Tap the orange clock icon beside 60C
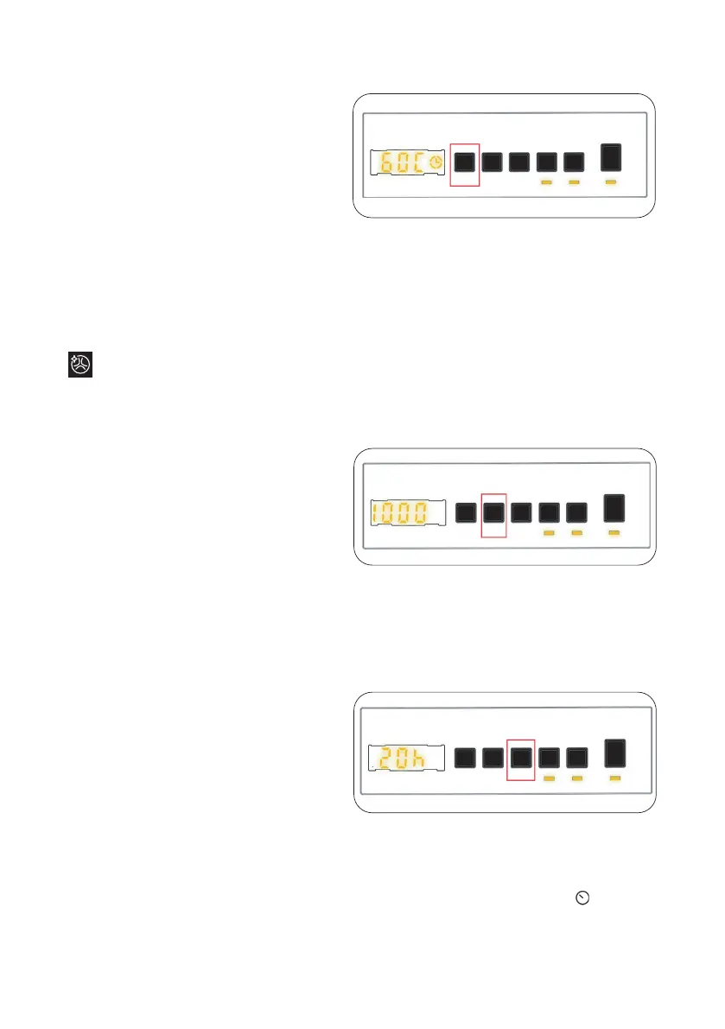point(436,162)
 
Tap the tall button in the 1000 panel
point(614,507)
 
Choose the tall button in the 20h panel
point(614,753)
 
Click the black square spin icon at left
point(80,364)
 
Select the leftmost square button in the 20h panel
point(465,758)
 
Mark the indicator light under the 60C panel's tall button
point(612,183)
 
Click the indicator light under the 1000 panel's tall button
point(614,534)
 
